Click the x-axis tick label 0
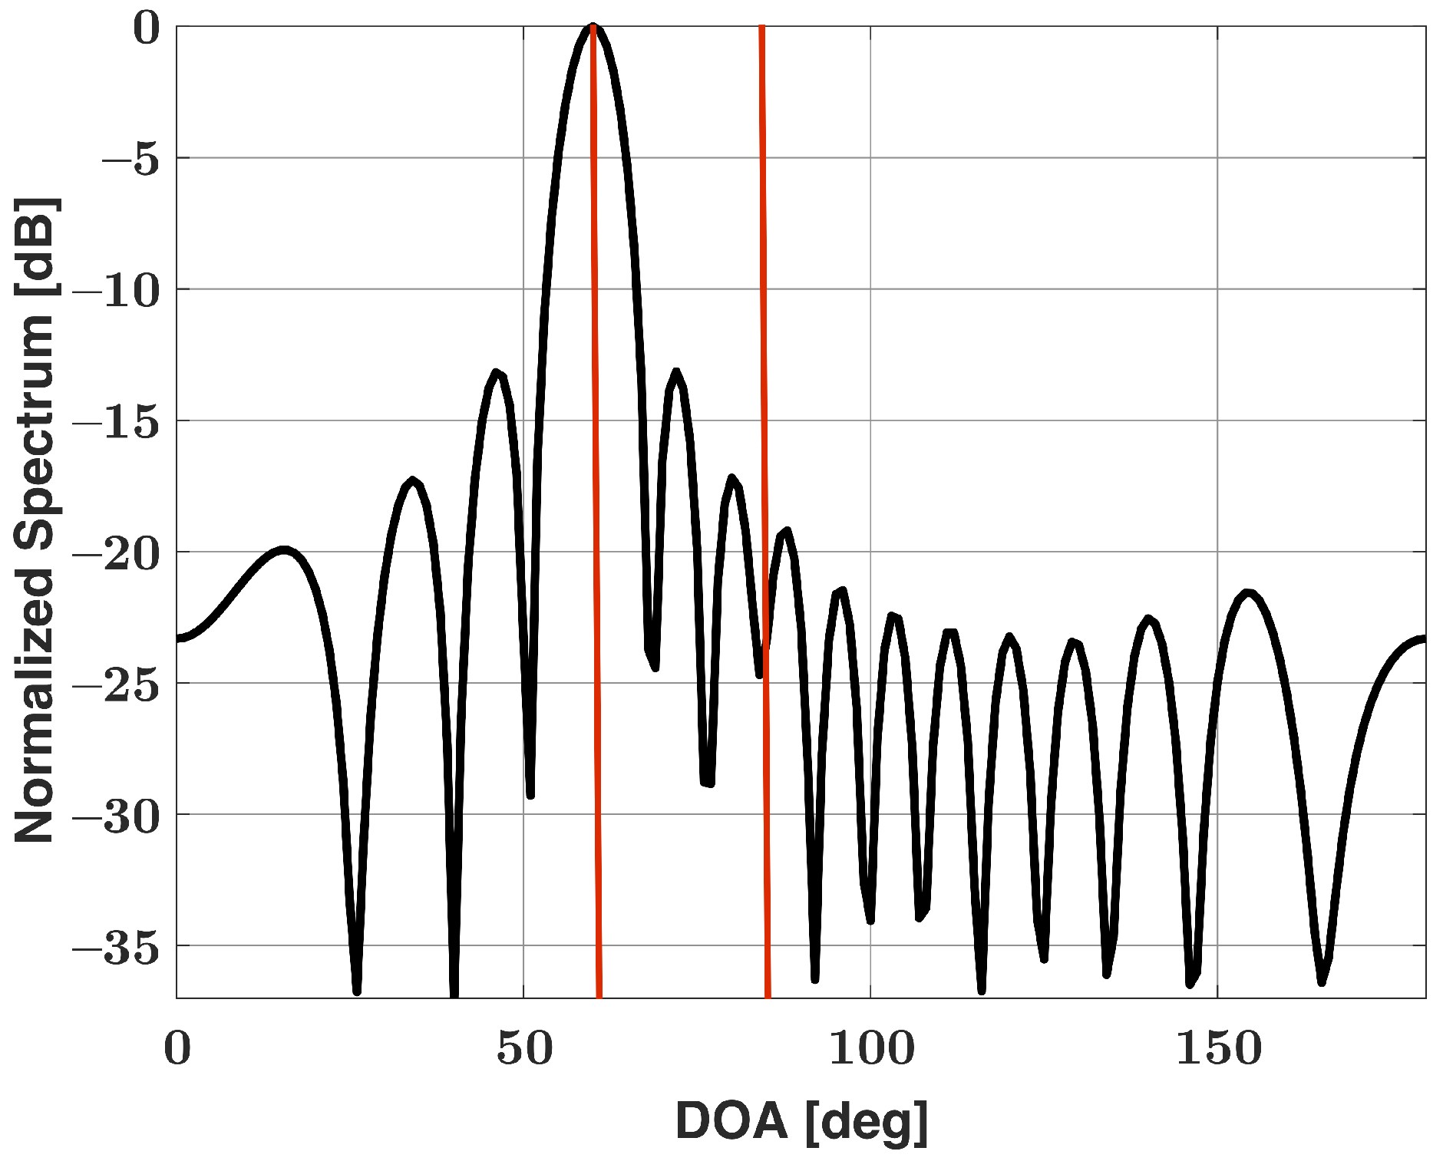click(177, 1047)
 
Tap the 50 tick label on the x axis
click(524, 1047)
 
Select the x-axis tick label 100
click(871, 1047)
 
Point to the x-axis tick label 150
click(1218, 1047)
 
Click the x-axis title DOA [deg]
click(801, 1120)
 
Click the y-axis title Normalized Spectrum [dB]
click(35, 519)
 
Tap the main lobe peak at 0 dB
click(592, 28)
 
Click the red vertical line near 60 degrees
click(596, 537)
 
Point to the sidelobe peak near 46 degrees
click(497, 373)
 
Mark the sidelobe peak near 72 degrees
click(676, 373)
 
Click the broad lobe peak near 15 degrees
click(284, 549)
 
